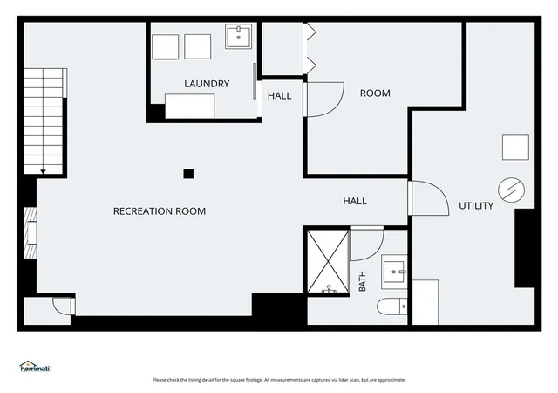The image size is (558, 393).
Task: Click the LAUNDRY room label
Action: tap(207, 84)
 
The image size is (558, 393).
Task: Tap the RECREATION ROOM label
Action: tap(160, 211)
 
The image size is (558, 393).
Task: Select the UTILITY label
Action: tap(476, 205)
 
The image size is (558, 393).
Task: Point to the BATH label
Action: tap(362, 281)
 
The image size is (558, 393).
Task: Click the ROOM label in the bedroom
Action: tap(375, 93)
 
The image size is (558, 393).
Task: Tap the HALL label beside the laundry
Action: tap(279, 95)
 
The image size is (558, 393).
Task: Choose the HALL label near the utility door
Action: tap(355, 201)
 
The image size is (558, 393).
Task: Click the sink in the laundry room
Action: tap(238, 36)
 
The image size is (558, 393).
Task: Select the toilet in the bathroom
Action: tap(391, 307)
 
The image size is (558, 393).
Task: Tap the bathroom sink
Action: tap(394, 272)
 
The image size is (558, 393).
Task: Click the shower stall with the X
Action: tap(328, 261)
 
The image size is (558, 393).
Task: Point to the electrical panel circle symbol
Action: tap(512, 190)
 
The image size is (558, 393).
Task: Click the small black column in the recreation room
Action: tap(188, 174)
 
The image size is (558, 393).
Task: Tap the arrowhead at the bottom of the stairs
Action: tap(43, 172)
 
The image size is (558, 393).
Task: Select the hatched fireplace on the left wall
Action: tap(30, 233)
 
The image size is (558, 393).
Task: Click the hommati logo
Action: tap(36, 367)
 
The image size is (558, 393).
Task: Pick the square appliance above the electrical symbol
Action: tap(515, 148)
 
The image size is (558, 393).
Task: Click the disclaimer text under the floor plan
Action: tap(279, 380)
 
